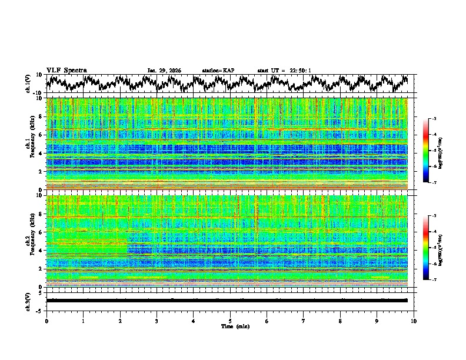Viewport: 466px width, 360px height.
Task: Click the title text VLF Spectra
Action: [66, 71]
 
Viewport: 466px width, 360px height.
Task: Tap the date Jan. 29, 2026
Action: [164, 71]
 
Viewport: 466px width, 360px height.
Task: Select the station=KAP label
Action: [218, 71]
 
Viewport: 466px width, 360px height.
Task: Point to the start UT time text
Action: [284, 71]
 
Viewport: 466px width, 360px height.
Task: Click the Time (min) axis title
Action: [230, 326]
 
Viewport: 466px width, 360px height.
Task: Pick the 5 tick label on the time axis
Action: [230, 321]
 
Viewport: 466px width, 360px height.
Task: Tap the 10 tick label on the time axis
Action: [414, 321]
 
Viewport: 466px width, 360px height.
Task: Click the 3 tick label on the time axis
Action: [157, 321]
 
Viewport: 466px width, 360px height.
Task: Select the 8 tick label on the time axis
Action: [340, 321]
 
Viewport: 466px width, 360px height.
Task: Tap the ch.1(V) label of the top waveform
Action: [28, 84]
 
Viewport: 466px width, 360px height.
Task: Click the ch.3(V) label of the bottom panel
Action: [28, 300]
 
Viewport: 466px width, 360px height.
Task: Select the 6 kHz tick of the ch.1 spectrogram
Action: [42, 135]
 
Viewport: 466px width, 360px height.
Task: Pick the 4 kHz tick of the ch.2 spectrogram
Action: [42, 251]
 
